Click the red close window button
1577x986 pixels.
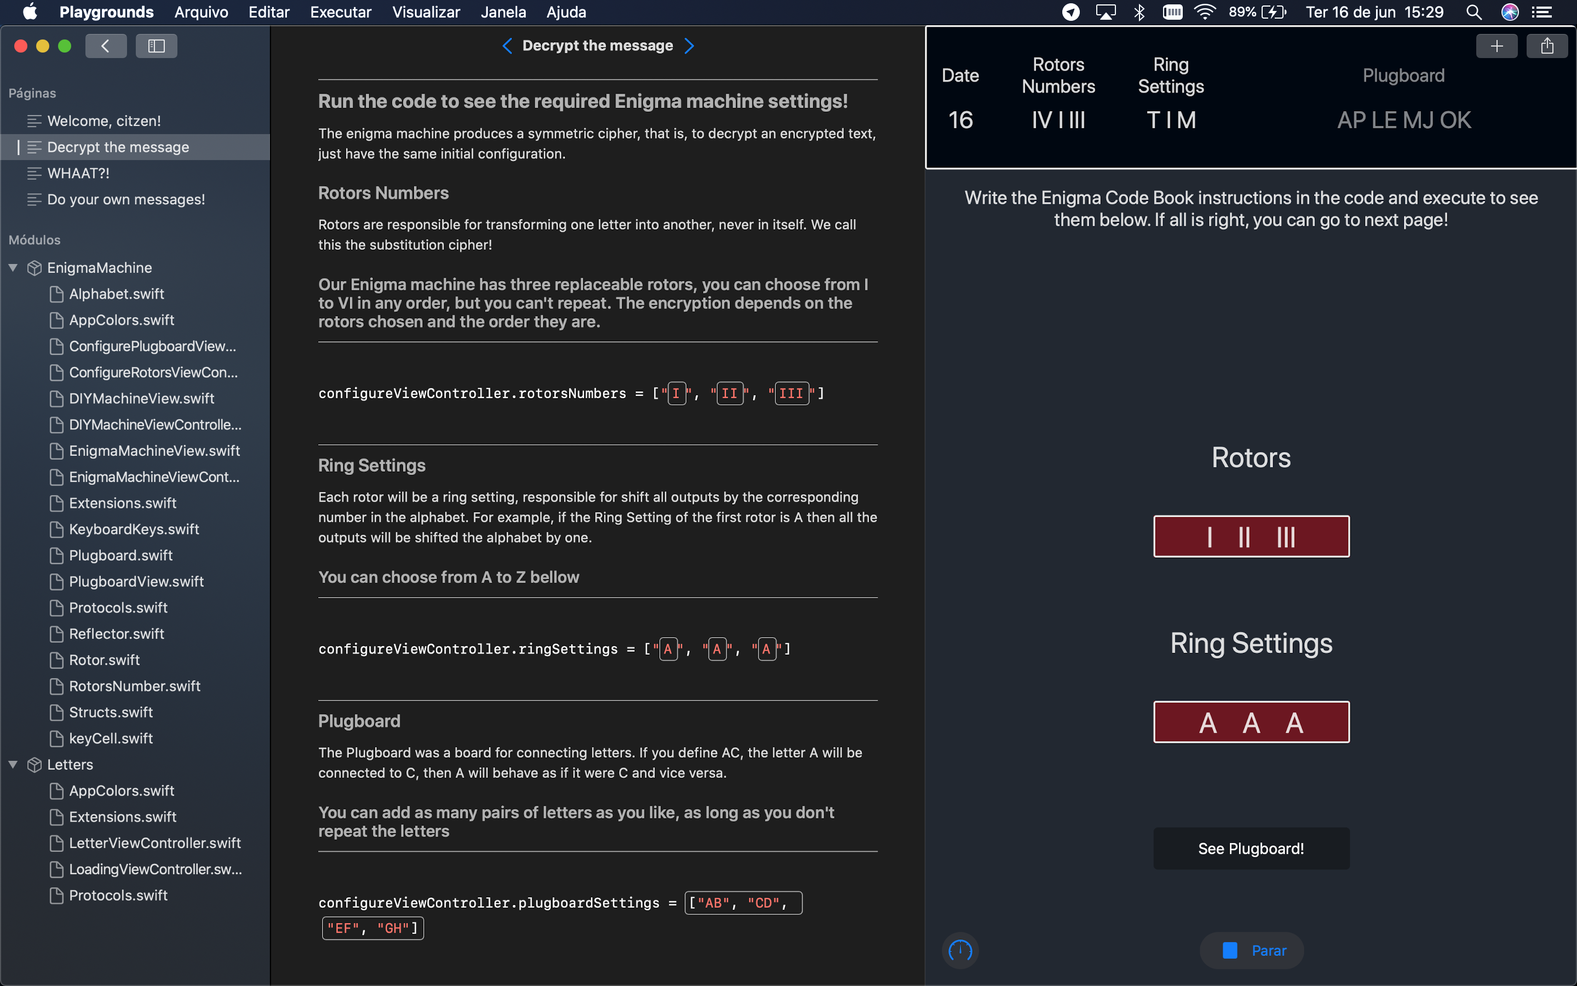(21, 45)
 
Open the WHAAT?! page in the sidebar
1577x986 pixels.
(78, 174)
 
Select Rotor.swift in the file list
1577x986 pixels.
(104, 660)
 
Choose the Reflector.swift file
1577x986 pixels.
(117, 634)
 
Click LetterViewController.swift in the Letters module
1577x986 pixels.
(155, 843)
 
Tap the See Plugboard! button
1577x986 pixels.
(1251, 849)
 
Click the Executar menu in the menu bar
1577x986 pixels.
(341, 12)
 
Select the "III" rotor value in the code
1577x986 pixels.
(791, 394)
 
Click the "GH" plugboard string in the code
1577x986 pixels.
(393, 928)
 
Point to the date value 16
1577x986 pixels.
(960, 120)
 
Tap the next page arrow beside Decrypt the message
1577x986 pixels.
(689, 45)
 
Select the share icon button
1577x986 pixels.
(1547, 45)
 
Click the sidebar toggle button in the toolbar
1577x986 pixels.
(157, 45)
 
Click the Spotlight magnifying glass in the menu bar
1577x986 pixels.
(1474, 12)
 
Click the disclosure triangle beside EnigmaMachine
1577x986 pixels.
(13, 267)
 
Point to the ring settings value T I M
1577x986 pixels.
(1171, 120)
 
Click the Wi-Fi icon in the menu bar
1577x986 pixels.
(1205, 12)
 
